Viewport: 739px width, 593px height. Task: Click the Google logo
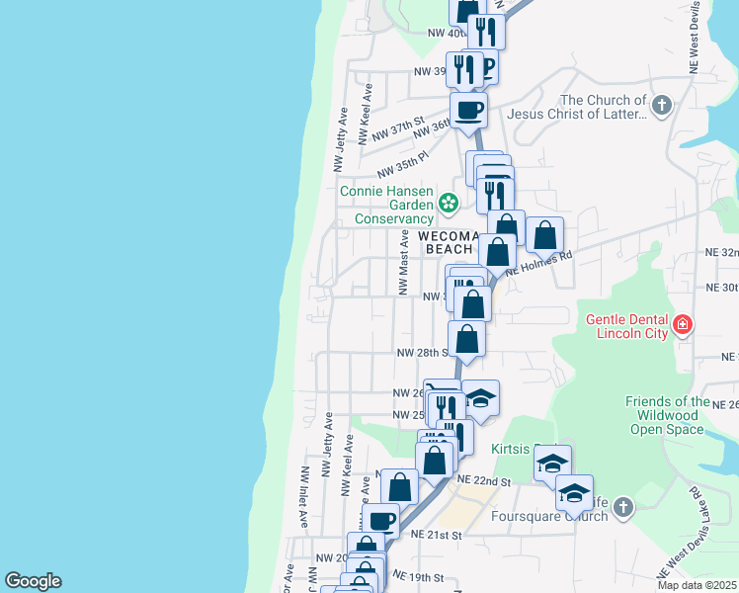point(33,581)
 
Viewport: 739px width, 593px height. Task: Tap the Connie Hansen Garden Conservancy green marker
point(449,204)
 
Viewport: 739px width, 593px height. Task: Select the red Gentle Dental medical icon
point(682,324)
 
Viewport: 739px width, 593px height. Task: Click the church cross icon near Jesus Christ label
point(662,103)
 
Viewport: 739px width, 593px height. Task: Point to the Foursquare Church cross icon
point(622,507)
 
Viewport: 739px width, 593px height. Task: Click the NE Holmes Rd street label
point(539,261)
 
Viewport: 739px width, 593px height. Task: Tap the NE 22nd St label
point(483,481)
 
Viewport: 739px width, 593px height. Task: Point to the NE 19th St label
point(418,575)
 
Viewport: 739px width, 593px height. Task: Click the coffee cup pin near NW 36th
point(468,109)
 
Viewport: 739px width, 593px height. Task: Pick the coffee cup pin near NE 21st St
point(380,520)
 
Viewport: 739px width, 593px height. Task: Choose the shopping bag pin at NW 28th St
point(466,338)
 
